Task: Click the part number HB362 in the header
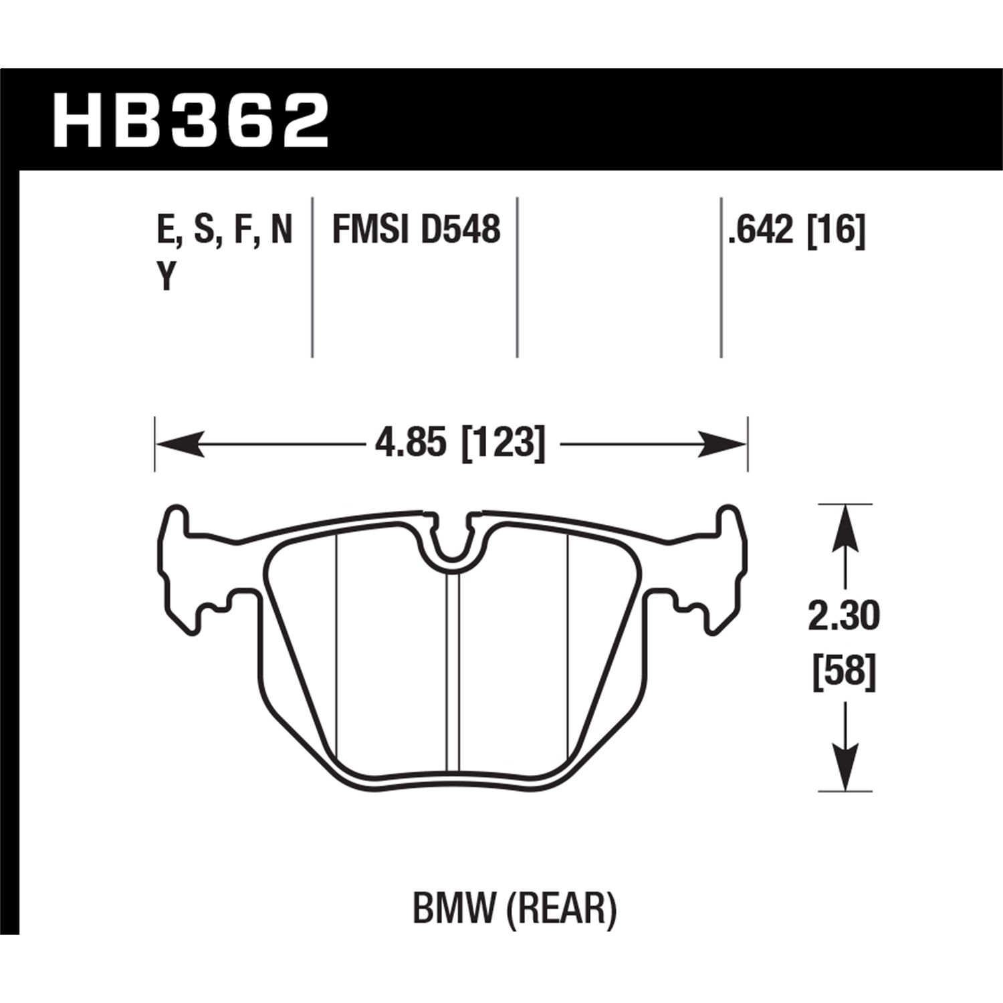pos(191,122)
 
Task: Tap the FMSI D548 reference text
pos(416,230)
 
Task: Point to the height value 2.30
pos(844,617)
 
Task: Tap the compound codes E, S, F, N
pos(225,230)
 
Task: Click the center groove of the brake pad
pos(453,669)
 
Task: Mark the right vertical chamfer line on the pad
pos(568,642)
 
